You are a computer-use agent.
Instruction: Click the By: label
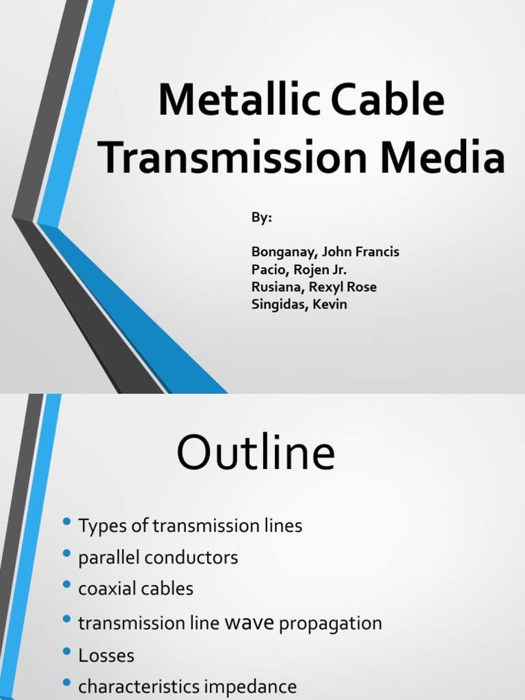point(261,217)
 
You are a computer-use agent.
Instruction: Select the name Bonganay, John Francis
point(325,252)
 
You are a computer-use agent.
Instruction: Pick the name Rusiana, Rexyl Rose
point(314,287)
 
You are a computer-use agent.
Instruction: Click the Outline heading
point(256,453)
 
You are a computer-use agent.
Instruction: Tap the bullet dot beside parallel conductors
point(66,554)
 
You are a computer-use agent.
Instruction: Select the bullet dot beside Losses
point(66,651)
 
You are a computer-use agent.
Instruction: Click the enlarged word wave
point(250,623)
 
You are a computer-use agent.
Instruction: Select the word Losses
point(107,656)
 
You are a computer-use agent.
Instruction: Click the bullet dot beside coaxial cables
point(66,585)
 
